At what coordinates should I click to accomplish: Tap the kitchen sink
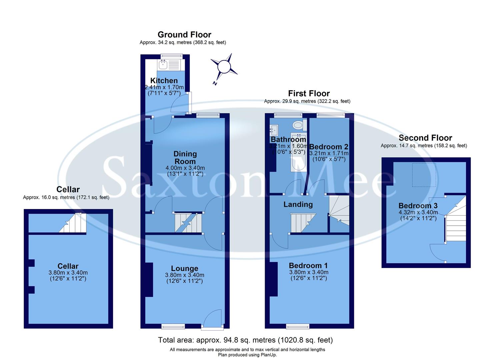pos(164,64)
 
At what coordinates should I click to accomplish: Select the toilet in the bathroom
pos(297,126)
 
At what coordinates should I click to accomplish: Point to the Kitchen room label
pos(164,81)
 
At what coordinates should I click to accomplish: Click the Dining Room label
pos(185,158)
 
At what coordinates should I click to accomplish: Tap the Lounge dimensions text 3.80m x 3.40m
pos(185,275)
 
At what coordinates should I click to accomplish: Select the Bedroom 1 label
pos(308,265)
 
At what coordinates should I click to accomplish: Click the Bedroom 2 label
pos(329,147)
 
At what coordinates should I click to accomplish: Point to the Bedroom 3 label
pos(418,206)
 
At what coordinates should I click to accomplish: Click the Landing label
pos(298,204)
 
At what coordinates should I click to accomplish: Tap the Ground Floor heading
pos(184,35)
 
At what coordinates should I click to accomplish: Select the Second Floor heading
pos(425,138)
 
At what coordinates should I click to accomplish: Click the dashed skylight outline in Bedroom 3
pos(424,175)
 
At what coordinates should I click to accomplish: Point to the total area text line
pos(245,340)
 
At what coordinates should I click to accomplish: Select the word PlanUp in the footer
pos(269,355)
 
